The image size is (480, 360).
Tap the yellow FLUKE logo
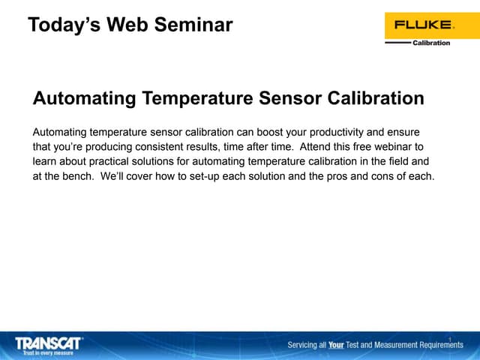(424, 25)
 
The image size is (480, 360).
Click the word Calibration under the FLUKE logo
(431, 43)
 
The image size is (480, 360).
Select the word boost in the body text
(274, 131)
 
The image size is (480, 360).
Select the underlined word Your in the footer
(336, 345)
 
